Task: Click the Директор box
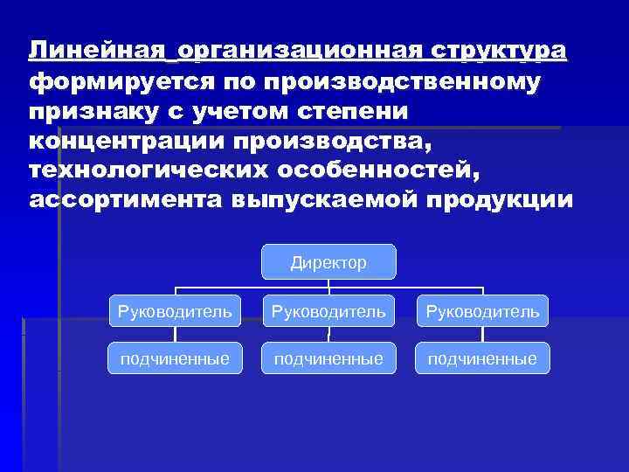pos(328,262)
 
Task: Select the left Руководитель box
pos(176,310)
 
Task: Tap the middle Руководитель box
pos(328,310)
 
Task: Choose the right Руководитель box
pos(483,310)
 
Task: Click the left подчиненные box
pos(176,357)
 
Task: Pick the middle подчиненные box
pos(328,357)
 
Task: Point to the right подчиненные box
pos(483,357)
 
